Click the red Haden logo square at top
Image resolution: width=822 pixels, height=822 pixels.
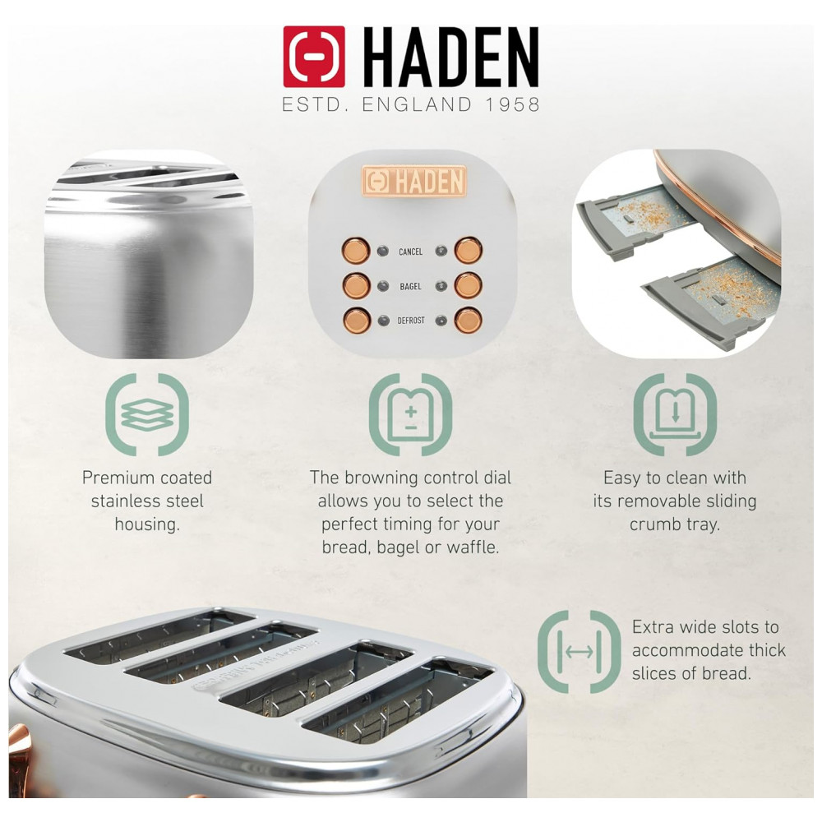pos(314,57)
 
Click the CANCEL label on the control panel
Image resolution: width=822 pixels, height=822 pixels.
pos(410,252)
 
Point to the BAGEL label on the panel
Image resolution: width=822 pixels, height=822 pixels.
pos(410,286)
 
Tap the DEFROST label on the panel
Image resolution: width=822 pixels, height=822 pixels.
pos(411,321)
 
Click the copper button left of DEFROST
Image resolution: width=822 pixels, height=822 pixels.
pos(357,321)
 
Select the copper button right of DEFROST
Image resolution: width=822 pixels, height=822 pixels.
pos(469,321)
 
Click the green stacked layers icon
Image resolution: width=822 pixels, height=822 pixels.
pos(147,414)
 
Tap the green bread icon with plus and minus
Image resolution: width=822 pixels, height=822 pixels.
pos(410,414)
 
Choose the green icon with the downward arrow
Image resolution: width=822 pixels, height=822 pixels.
pos(675,414)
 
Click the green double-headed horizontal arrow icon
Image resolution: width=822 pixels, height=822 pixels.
pos(580,652)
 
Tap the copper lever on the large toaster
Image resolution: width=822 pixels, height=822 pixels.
pos(18,755)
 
